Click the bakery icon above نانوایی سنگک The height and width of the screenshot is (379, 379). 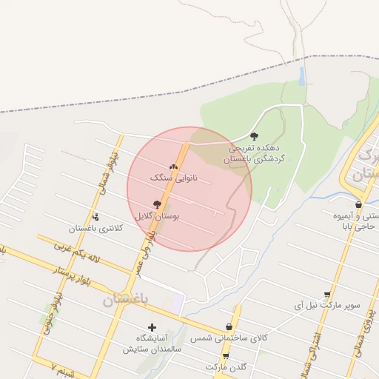(x=174, y=167)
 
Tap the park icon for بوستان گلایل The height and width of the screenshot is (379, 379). (x=157, y=204)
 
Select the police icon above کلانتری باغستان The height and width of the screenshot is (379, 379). (x=95, y=217)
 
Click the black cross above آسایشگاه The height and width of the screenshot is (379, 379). (x=152, y=326)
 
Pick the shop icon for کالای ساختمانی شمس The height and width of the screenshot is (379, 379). (x=229, y=326)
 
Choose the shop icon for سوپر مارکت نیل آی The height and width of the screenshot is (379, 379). (x=327, y=294)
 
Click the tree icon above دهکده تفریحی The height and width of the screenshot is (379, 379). (x=255, y=136)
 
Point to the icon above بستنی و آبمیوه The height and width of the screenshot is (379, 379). (x=358, y=204)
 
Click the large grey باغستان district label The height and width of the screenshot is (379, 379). (x=126, y=299)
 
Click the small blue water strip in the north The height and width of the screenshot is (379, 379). (x=301, y=76)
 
